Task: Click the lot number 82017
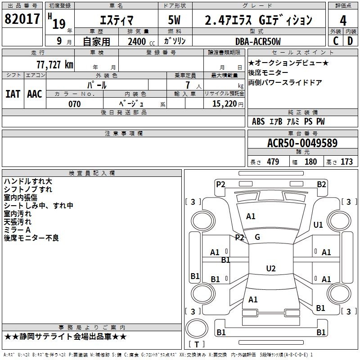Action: point(22,19)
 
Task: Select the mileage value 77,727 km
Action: point(55,65)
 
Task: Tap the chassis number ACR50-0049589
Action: point(302,143)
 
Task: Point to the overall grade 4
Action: point(343,20)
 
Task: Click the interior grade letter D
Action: point(350,41)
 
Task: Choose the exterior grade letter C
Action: point(336,41)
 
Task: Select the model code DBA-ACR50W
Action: point(258,41)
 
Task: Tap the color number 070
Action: point(74,104)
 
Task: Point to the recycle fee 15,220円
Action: point(228,104)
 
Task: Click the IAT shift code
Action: point(13,94)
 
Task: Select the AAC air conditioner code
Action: point(35,94)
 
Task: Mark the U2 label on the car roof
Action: point(271,268)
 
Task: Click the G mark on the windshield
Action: point(257,237)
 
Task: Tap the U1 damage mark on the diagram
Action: point(318,225)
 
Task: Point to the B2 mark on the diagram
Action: point(321,184)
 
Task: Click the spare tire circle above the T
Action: point(197,328)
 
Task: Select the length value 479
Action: point(273,162)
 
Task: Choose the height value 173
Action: point(346,162)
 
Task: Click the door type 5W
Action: point(174,20)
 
